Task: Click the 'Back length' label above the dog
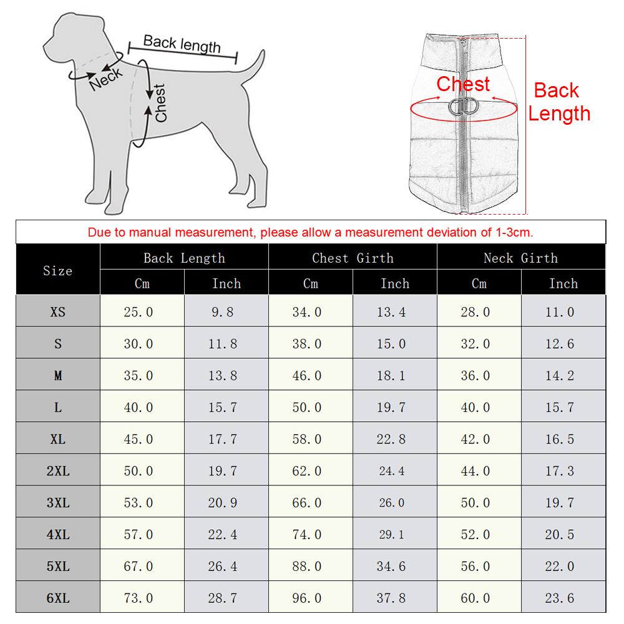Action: pyautogui.click(x=182, y=44)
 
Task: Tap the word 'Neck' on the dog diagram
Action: pyautogui.click(x=105, y=77)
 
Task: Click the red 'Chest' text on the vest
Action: pyautogui.click(x=463, y=84)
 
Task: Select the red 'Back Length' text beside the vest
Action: pyautogui.click(x=558, y=102)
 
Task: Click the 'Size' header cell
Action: pyautogui.click(x=57, y=271)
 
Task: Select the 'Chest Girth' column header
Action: pyautogui.click(x=353, y=258)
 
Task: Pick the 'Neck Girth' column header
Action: pyautogui.click(x=520, y=258)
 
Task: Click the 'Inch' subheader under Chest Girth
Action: pyautogui.click(x=394, y=283)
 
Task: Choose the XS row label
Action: pyautogui.click(x=57, y=312)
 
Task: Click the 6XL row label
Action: pyautogui.click(x=57, y=598)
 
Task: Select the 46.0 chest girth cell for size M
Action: pyautogui.click(x=307, y=376)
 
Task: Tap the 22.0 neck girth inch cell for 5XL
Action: pyautogui.click(x=559, y=566)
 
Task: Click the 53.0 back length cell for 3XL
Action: pyautogui.click(x=139, y=502)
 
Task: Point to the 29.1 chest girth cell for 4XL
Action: pyautogui.click(x=391, y=535)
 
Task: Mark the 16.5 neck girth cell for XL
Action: pyautogui.click(x=559, y=439)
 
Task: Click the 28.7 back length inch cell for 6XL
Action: pyautogui.click(x=223, y=598)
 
